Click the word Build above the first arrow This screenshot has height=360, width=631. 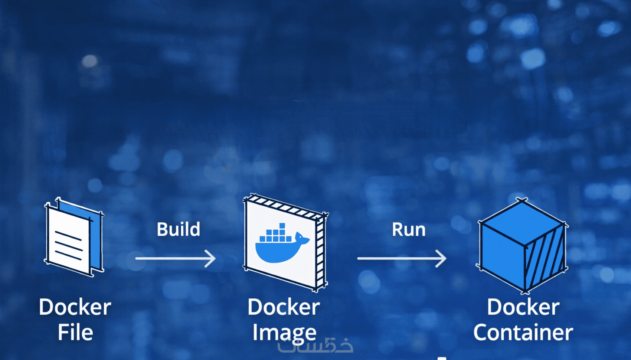pos(179,229)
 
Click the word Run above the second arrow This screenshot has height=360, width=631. pos(409,229)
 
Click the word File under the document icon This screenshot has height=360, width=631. pos(75,332)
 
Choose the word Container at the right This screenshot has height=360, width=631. pos(523,332)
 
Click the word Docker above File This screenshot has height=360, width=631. pos(75,307)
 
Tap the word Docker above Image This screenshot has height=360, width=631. pos(284,307)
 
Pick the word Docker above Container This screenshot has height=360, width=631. pos(523,307)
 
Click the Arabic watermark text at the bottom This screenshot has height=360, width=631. pos(315,346)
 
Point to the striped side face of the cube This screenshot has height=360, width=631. pos(545,260)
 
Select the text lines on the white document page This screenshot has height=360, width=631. pos(68,245)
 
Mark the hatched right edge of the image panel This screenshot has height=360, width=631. pos(320,252)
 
